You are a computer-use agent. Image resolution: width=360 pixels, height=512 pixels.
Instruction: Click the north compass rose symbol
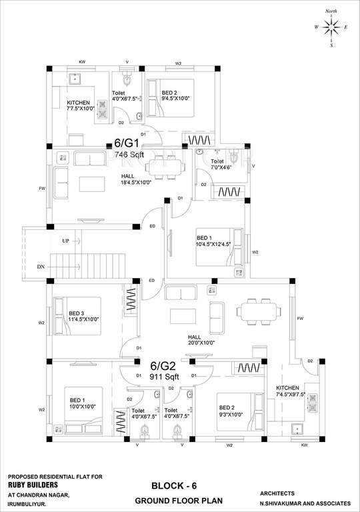331,27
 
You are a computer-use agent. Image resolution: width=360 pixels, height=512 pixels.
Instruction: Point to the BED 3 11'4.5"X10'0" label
83,316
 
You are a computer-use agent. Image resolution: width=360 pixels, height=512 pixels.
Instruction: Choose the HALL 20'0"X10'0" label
206,340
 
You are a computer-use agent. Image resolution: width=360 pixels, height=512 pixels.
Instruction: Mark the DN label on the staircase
41,267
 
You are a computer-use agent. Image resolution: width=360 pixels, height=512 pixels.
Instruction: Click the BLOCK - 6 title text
173,486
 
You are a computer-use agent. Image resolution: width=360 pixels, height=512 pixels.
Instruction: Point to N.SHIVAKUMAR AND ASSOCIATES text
305,503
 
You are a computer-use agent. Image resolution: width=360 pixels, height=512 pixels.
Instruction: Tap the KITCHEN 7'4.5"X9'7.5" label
292,391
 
